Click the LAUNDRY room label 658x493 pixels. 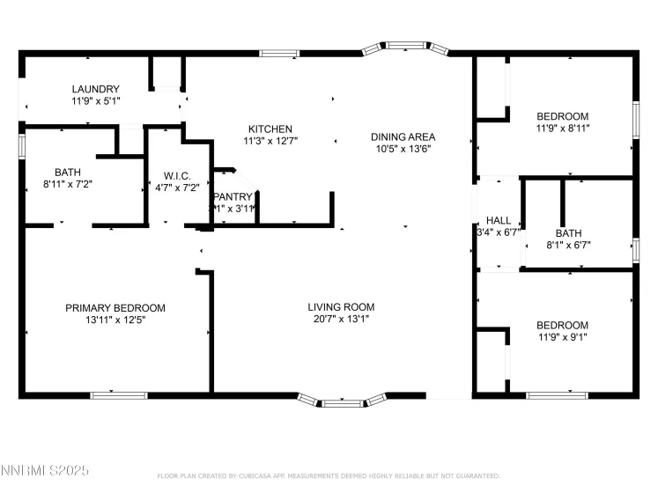coord(95,89)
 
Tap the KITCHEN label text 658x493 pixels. coord(270,129)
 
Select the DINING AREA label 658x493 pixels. coord(403,136)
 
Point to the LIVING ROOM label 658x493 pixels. coord(341,307)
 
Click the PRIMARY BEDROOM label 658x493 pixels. coord(115,308)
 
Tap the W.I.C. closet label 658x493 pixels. coord(177,176)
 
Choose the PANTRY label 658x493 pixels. coord(233,196)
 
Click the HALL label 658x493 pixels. coord(499,221)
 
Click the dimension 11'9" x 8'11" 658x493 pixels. coord(562,129)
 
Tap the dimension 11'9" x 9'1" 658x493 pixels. coord(562,337)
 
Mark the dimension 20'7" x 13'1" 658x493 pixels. coord(341,320)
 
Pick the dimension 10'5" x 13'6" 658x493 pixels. coord(403,149)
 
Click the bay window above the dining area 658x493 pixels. coord(406,45)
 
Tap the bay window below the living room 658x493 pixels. coord(341,403)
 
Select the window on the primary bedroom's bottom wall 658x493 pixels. coord(119,395)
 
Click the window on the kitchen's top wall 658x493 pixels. coord(278,54)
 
